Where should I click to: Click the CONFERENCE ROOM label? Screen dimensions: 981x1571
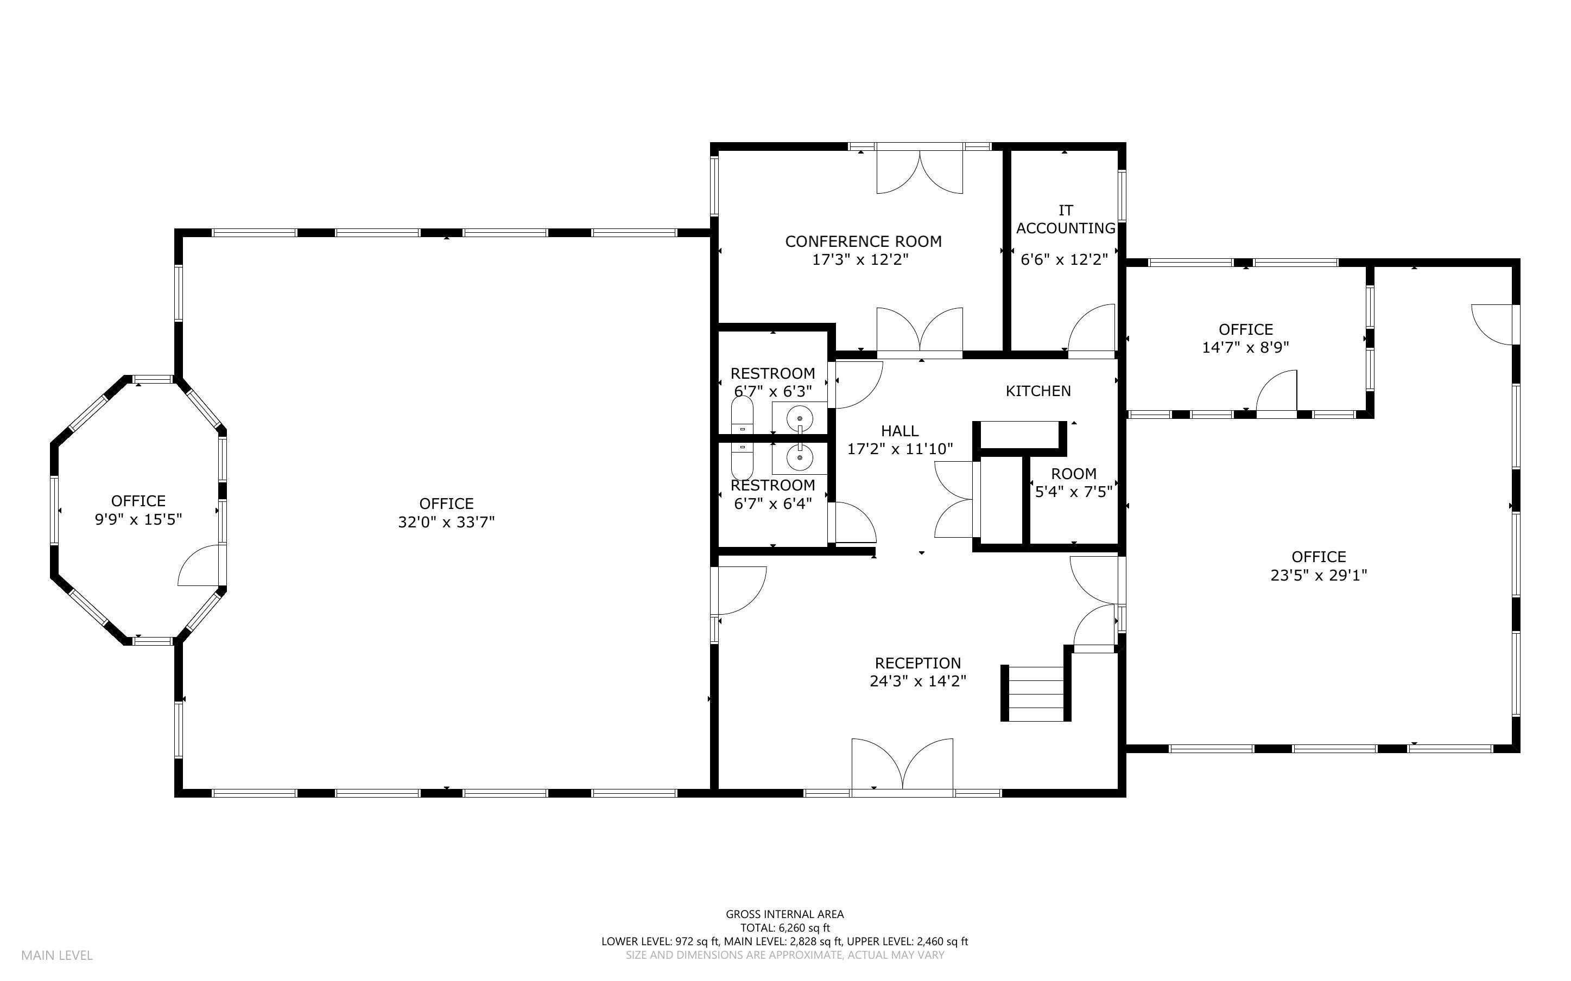click(863, 241)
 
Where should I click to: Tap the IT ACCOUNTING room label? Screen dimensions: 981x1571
click(1065, 219)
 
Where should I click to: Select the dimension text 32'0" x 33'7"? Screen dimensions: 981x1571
click(446, 523)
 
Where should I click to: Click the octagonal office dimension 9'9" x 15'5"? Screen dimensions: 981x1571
click(138, 520)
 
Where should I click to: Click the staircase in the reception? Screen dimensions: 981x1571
click(1036, 693)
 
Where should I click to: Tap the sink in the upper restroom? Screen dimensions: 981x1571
click(800, 418)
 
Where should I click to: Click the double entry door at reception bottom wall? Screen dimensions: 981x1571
click(902, 766)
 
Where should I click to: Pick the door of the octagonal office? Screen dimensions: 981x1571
click(201, 566)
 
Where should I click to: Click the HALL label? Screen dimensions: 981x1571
click(899, 431)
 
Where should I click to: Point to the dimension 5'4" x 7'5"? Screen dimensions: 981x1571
click(1073, 492)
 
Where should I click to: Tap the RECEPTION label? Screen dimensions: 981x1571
click(917, 663)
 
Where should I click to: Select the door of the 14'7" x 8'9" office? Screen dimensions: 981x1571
click(1277, 392)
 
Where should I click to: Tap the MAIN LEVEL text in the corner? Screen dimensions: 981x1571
click(57, 955)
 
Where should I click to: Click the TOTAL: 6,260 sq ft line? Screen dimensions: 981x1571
click(784, 928)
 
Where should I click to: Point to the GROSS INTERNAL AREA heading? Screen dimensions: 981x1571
click(784, 914)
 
